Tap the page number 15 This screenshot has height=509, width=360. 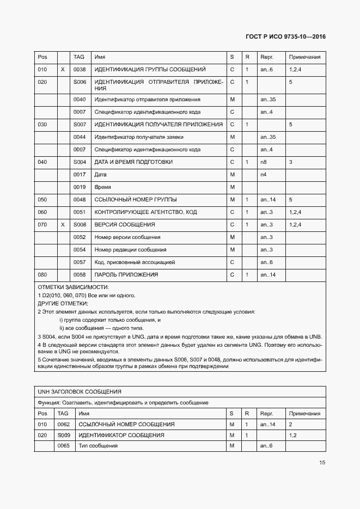click(322, 462)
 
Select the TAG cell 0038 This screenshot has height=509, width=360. click(80, 70)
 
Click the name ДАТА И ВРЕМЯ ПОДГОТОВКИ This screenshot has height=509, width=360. click(133, 162)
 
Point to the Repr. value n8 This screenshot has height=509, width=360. click(264, 162)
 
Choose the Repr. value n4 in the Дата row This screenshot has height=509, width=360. click(264, 175)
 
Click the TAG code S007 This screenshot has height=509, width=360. click(80, 124)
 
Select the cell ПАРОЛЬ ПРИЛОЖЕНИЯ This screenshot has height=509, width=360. click(126, 275)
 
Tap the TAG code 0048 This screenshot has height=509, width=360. click(80, 199)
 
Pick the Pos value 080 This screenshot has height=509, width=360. click(42, 275)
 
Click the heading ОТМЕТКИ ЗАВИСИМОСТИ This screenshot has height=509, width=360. click(73, 287)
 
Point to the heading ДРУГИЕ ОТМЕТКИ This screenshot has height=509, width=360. click(63, 303)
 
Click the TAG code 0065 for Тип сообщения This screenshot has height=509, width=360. click(64, 446)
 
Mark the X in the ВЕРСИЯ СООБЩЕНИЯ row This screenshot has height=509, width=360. click(63, 224)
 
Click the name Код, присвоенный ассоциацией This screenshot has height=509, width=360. click(135, 262)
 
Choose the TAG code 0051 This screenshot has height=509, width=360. click(80, 212)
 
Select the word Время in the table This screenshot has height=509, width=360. click(103, 187)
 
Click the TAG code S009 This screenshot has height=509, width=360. click(64, 435)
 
